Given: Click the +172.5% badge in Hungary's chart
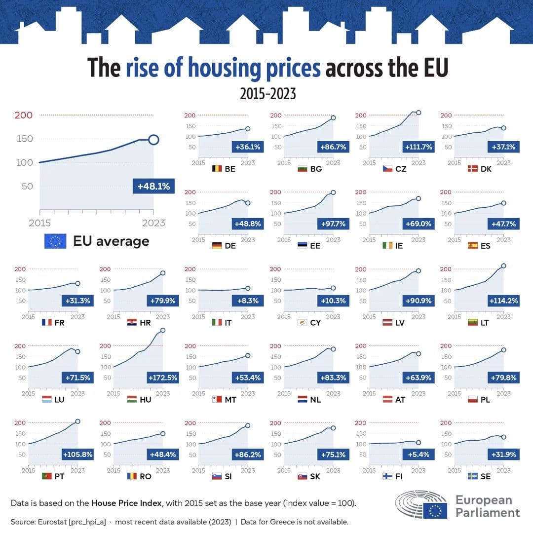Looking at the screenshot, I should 163,378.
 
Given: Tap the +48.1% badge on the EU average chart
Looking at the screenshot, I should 153,186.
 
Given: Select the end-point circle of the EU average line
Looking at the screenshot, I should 153,140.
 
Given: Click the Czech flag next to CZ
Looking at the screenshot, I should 388,169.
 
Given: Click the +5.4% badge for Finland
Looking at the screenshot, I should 419,455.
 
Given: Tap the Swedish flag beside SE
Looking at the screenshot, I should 472,476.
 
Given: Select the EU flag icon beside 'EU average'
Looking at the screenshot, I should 55,241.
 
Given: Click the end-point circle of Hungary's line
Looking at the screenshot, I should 163,330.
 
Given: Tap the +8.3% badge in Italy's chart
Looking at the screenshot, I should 248,301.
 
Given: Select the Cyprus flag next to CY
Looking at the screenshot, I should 302,323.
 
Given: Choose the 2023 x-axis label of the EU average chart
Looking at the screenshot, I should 153,223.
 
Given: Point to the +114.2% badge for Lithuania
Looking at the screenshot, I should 503,301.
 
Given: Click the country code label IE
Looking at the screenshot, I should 399,246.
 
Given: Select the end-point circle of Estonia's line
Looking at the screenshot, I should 333,192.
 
